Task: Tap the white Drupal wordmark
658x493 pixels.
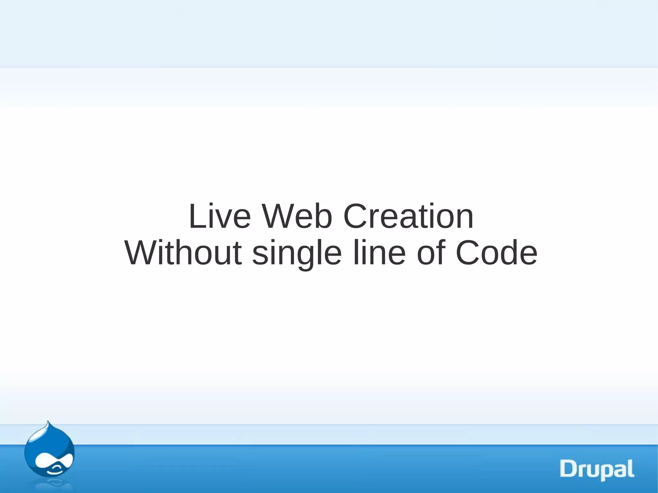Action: tap(597, 470)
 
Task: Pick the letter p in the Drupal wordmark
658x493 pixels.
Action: tap(606, 471)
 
